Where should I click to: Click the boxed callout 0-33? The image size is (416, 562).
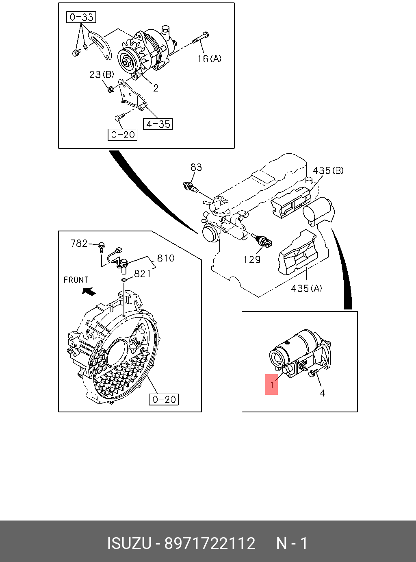(x=81, y=17)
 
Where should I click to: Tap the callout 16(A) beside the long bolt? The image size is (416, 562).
(x=209, y=59)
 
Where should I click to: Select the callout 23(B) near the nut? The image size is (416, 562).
(x=102, y=74)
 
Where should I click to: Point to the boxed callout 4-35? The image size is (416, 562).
(x=158, y=124)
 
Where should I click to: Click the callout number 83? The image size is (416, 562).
(x=196, y=167)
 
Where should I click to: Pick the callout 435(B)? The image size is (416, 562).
(x=328, y=170)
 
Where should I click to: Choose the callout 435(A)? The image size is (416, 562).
(x=306, y=288)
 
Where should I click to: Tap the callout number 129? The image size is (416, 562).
(x=252, y=259)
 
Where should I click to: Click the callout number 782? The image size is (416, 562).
(x=79, y=243)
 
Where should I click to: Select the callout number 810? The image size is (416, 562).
(x=166, y=258)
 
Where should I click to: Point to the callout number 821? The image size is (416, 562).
(x=142, y=274)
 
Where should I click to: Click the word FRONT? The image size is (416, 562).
(x=76, y=280)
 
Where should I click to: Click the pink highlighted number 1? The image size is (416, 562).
(x=272, y=384)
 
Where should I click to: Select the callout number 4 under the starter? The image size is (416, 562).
(x=322, y=393)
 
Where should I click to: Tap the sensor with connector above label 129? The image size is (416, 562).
(x=264, y=242)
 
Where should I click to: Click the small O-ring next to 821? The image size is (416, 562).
(x=125, y=281)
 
